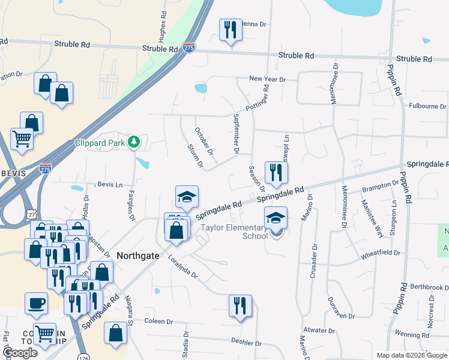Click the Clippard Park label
click(x=103, y=143)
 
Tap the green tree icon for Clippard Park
click(x=136, y=142)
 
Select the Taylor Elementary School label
click(x=234, y=232)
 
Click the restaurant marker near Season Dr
click(x=276, y=173)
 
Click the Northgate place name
click(x=137, y=255)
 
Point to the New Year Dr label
click(x=267, y=79)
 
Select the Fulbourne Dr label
click(x=427, y=107)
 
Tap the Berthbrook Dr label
click(x=427, y=287)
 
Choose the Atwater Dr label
click(x=319, y=330)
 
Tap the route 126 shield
click(x=83, y=358)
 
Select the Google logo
click(x=20, y=353)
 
